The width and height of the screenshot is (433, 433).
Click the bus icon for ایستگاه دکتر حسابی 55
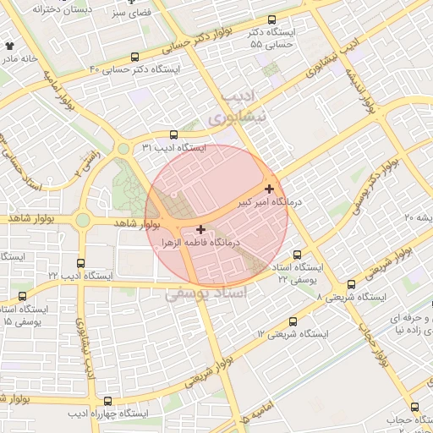tap(271, 20)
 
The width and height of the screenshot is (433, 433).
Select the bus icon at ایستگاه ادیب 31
tap(173, 134)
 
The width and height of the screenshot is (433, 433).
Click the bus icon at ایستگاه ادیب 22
tap(80, 264)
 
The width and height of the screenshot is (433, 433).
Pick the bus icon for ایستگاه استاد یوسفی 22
tap(297, 255)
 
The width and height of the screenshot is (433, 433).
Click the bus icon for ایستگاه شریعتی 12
tap(293, 321)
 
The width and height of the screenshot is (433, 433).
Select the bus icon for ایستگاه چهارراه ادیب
tap(107, 400)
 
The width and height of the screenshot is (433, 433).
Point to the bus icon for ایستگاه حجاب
tap(414, 407)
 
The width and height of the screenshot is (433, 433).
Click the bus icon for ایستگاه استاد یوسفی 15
tap(22, 296)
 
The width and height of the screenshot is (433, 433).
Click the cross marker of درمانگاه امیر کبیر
tap(269, 189)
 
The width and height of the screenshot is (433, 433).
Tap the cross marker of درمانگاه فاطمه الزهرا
tap(200, 229)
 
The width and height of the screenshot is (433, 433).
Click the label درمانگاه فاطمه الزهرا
tap(203, 242)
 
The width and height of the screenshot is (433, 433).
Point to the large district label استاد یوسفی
tap(207, 293)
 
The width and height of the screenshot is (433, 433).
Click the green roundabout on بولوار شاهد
tap(83, 221)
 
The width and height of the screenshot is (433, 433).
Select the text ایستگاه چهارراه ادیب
tap(108, 414)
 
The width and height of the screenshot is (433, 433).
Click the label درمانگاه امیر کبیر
tap(244, 204)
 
